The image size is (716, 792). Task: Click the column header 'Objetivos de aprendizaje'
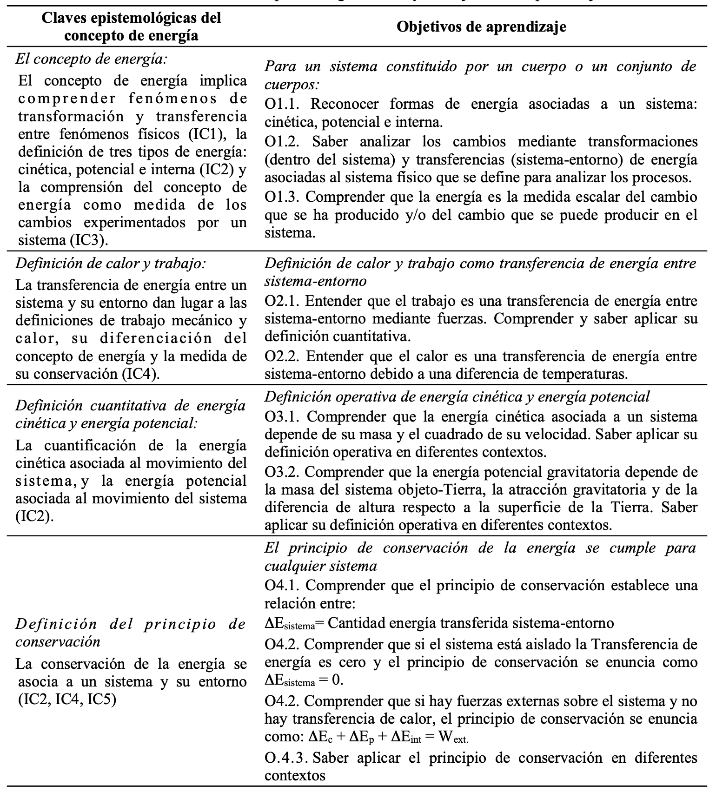(x=481, y=27)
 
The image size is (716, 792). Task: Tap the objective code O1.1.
(x=282, y=104)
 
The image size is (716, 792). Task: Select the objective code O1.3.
(x=282, y=197)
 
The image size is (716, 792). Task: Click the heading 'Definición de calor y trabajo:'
(x=110, y=263)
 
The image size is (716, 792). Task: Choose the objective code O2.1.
(x=282, y=301)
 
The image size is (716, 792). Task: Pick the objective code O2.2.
(x=282, y=356)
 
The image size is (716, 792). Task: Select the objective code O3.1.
(x=282, y=416)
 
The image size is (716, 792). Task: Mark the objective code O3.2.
(x=282, y=472)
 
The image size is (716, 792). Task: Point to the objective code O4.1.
(x=282, y=585)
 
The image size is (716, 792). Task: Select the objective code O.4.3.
(x=286, y=758)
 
